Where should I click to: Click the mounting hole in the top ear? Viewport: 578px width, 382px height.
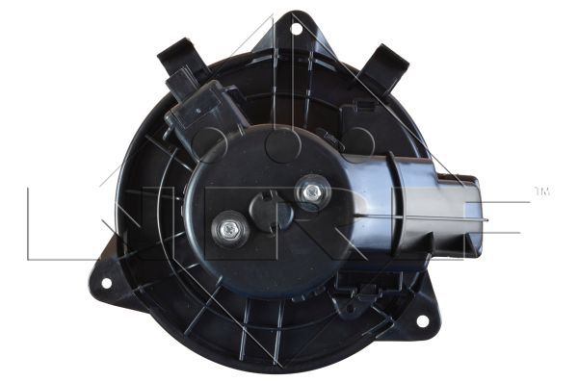click(x=296, y=28)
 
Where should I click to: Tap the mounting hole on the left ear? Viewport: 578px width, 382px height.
click(x=106, y=283)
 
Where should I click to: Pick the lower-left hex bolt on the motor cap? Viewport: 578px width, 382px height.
click(x=228, y=229)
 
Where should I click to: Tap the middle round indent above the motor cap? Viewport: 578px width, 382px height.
click(x=284, y=144)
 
